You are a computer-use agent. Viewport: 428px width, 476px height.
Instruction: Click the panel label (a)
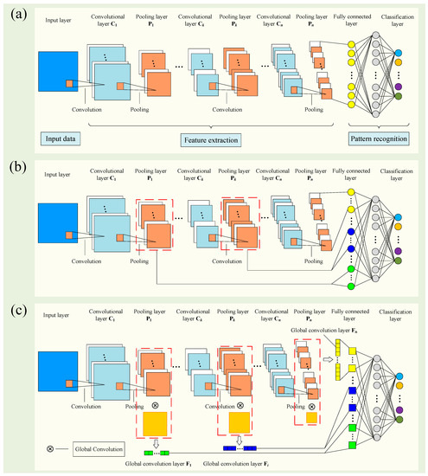pyautogui.click(x=16, y=12)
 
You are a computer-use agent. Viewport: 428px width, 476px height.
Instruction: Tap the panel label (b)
pyautogui.click(x=16, y=164)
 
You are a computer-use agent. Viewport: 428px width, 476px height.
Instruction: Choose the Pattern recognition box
pyautogui.click(x=377, y=138)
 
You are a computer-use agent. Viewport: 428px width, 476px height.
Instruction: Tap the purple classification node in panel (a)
pyautogui.click(x=397, y=86)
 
